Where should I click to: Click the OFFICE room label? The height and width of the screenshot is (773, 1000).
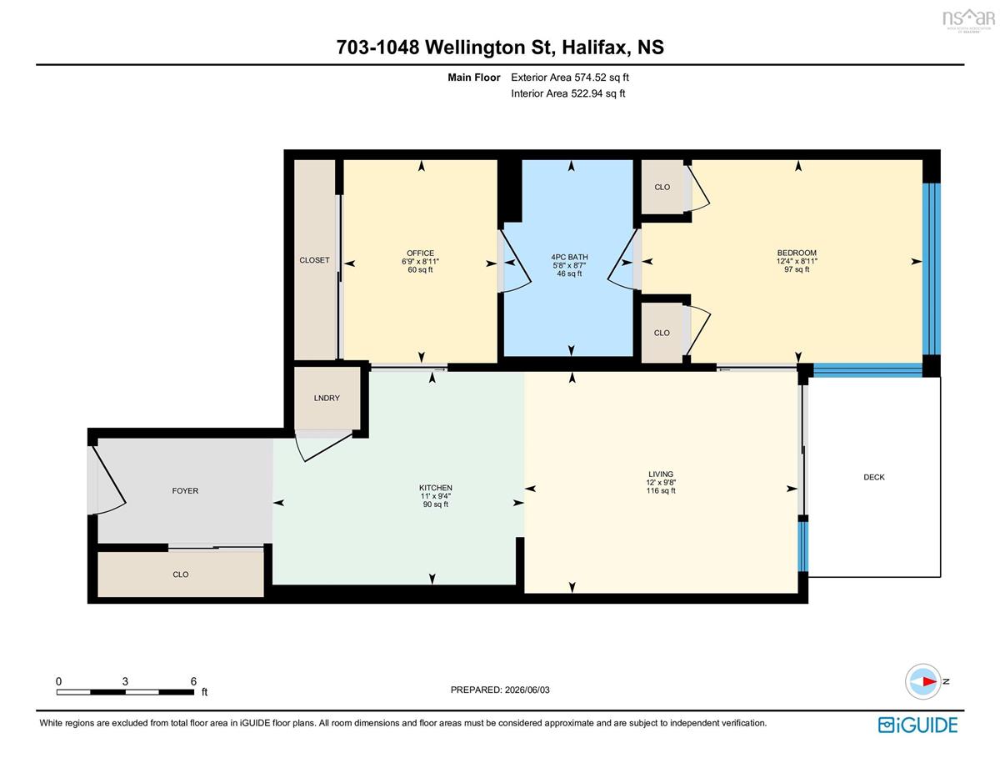(420, 253)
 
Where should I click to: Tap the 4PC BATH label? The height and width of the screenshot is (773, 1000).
(569, 257)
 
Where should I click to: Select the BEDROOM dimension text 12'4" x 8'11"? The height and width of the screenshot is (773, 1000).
(797, 261)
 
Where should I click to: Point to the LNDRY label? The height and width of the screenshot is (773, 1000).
(327, 398)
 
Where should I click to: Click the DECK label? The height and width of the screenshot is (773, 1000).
(874, 477)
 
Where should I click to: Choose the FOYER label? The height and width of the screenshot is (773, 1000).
(185, 491)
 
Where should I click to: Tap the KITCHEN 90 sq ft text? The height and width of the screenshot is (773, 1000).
(435, 504)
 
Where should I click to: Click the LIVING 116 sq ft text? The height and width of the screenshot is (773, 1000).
(661, 490)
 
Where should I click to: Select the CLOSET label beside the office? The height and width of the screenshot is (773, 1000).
(314, 260)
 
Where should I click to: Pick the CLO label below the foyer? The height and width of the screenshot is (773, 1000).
(180, 575)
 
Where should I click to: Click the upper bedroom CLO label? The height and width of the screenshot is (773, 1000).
(662, 187)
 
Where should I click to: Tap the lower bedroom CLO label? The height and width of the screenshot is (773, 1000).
(662, 333)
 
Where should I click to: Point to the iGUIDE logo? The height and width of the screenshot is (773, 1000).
(917, 725)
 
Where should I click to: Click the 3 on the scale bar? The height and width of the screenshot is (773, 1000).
(125, 681)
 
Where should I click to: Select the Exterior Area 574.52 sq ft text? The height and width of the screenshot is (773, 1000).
(570, 78)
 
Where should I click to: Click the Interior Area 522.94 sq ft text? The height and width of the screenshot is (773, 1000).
(567, 93)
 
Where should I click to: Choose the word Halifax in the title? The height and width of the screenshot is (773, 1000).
(596, 48)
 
